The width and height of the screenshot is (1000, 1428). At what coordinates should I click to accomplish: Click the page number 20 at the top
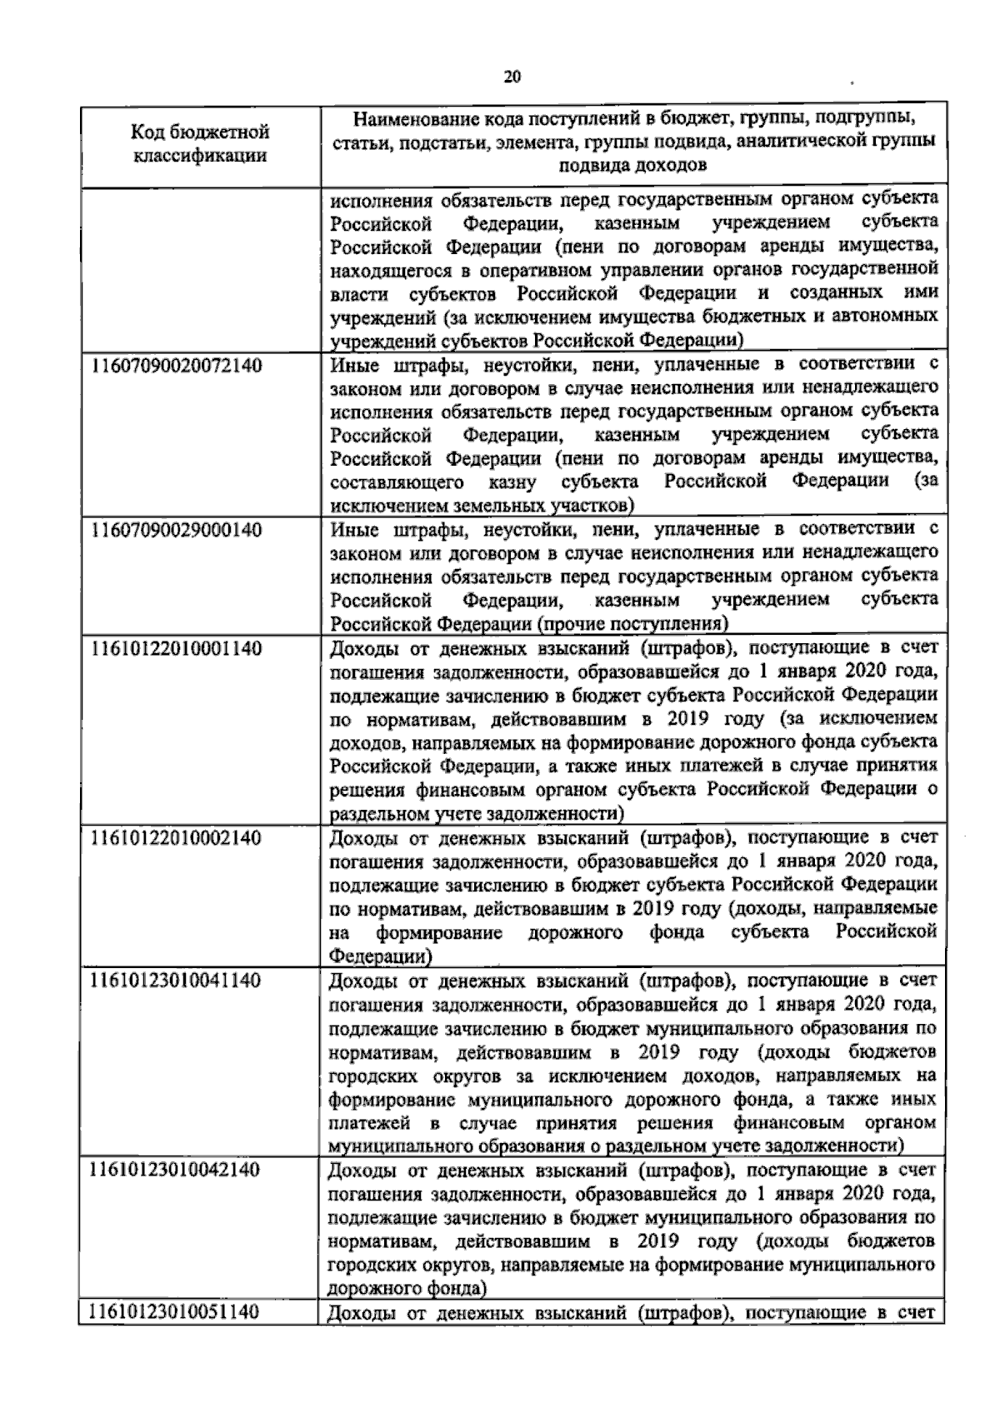point(512,77)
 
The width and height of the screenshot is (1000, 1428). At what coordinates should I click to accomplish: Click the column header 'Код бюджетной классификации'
point(200,143)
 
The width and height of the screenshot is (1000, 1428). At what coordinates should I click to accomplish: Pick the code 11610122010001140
point(176,647)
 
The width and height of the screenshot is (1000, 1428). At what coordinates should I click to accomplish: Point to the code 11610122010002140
point(176,836)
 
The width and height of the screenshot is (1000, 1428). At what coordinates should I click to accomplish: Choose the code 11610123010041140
point(176,979)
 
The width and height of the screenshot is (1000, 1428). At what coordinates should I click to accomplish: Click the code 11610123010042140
point(176,1168)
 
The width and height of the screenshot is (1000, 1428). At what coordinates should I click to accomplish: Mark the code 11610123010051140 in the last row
point(176,1311)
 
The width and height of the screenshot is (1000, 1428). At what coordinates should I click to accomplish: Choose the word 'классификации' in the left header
point(200,155)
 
